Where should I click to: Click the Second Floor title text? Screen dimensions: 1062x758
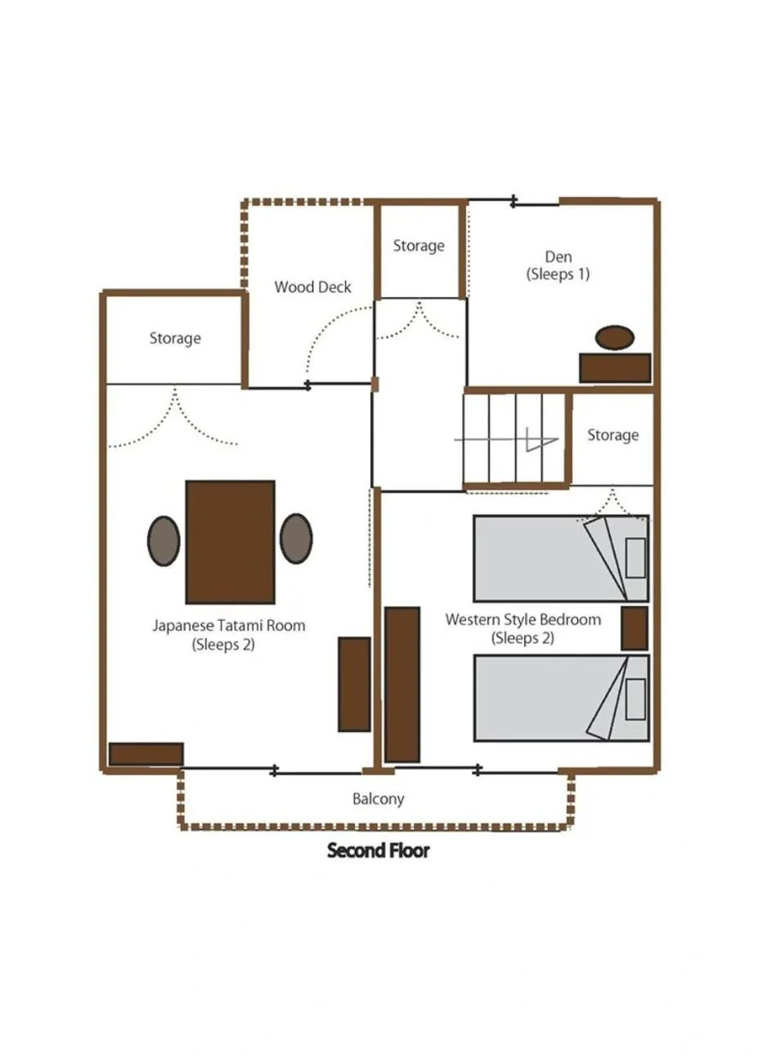pos(378,850)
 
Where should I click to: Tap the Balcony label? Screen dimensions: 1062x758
pos(378,799)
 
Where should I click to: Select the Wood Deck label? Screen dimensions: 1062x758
pos(312,287)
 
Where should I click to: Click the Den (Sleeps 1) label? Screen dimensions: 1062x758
pos(558,265)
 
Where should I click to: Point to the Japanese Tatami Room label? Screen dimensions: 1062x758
pos(228,635)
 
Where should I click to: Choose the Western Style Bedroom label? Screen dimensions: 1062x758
pos(523,628)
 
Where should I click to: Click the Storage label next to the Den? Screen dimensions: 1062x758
pos(419,246)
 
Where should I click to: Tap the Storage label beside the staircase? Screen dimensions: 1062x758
pos(612,435)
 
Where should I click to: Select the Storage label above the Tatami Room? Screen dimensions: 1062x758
pos(175,338)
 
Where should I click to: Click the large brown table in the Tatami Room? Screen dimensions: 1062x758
pos(230,542)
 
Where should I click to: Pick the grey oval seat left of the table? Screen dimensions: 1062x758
pos(164,540)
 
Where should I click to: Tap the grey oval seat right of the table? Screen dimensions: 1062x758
pos(296,538)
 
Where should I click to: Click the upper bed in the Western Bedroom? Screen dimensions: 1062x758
pos(561,559)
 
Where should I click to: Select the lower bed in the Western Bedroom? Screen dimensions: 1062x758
pos(561,698)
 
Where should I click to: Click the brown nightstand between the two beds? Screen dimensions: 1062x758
pos(635,628)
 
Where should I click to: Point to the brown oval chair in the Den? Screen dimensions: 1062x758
pos(615,337)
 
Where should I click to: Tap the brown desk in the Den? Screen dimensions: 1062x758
pos(615,368)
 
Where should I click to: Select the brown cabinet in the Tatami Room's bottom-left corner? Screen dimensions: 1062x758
pos(146,754)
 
